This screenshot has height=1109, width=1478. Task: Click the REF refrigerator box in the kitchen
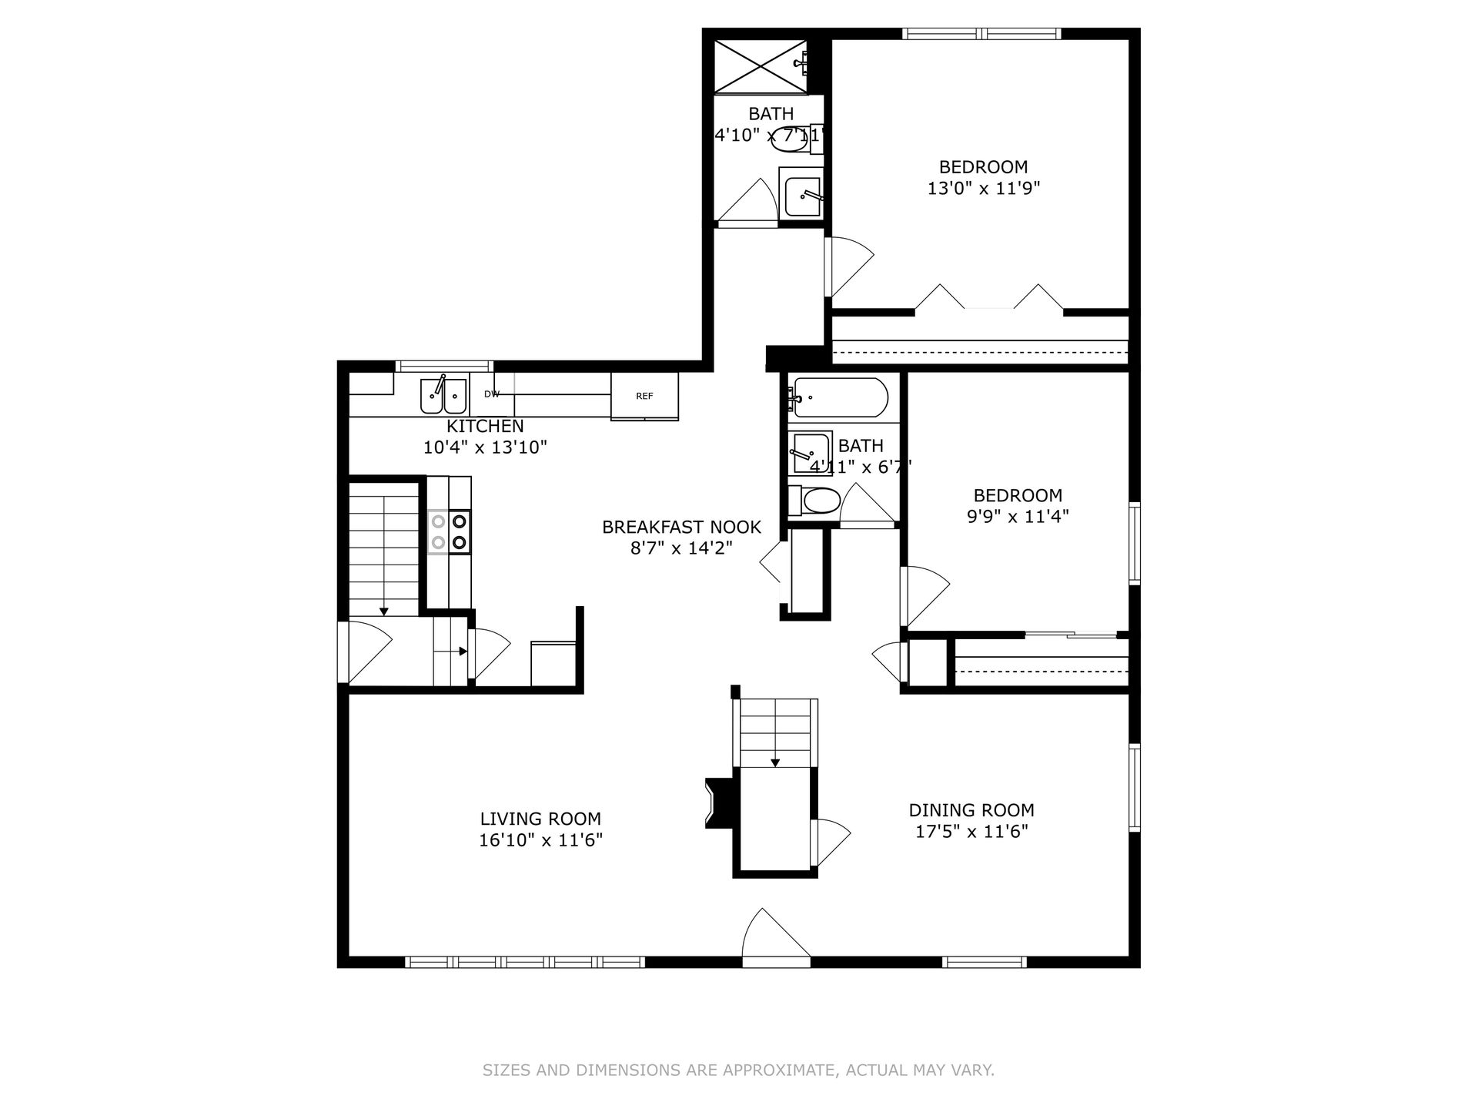coord(644,396)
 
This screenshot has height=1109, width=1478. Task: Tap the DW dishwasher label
coord(492,394)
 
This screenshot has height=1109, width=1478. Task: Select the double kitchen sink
coord(443,395)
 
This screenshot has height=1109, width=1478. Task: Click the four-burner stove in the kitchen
coord(450,531)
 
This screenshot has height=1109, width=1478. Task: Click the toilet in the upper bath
coord(798,139)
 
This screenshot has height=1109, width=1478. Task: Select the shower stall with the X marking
coord(761,66)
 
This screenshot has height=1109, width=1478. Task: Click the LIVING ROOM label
coord(540,819)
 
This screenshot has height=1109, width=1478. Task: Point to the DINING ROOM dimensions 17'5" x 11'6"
coord(971,832)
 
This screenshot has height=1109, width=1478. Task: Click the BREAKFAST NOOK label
coord(681,527)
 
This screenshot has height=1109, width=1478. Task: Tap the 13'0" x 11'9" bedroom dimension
coord(984,189)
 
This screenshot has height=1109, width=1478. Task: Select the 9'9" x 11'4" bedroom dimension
coord(1018,516)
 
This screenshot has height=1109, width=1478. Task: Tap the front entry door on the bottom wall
coord(776,936)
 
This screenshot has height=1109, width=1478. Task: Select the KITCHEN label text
coord(485,427)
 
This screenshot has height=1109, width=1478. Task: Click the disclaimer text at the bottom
coord(738,1070)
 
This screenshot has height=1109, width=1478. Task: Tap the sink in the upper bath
coord(802,193)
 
